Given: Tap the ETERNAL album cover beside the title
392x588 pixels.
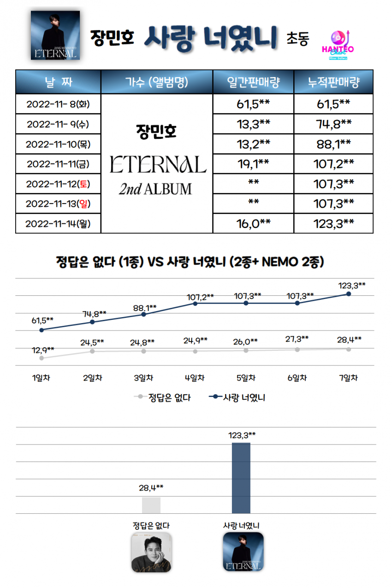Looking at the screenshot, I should click(x=55, y=35).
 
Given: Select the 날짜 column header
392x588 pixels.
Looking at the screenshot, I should click(x=58, y=82).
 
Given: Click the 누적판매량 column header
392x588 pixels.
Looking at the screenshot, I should click(x=333, y=82).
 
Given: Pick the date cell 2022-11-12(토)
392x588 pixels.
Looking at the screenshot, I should click(x=58, y=184).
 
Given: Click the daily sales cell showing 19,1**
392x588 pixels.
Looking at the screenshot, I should click(x=253, y=164).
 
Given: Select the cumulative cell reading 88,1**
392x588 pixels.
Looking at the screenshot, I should click(x=333, y=144).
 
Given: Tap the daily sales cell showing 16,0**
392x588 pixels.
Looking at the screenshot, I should click(x=253, y=224).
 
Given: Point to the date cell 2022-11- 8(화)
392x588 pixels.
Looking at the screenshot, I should click(x=58, y=104).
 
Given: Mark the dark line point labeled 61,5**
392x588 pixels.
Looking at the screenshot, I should click(x=42, y=330).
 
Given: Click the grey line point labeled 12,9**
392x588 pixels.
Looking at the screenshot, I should click(x=42, y=358).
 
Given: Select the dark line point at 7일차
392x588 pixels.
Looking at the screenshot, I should click(x=348, y=294).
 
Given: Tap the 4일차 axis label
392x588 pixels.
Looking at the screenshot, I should click(x=195, y=378).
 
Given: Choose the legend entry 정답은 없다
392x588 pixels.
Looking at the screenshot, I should click(x=164, y=397).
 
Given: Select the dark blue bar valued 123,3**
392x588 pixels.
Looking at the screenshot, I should click(x=241, y=478).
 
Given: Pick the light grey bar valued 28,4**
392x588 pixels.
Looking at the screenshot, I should click(x=151, y=505).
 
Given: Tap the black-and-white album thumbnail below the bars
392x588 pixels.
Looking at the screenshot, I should click(x=151, y=552).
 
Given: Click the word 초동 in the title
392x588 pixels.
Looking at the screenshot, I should click(x=297, y=39).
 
